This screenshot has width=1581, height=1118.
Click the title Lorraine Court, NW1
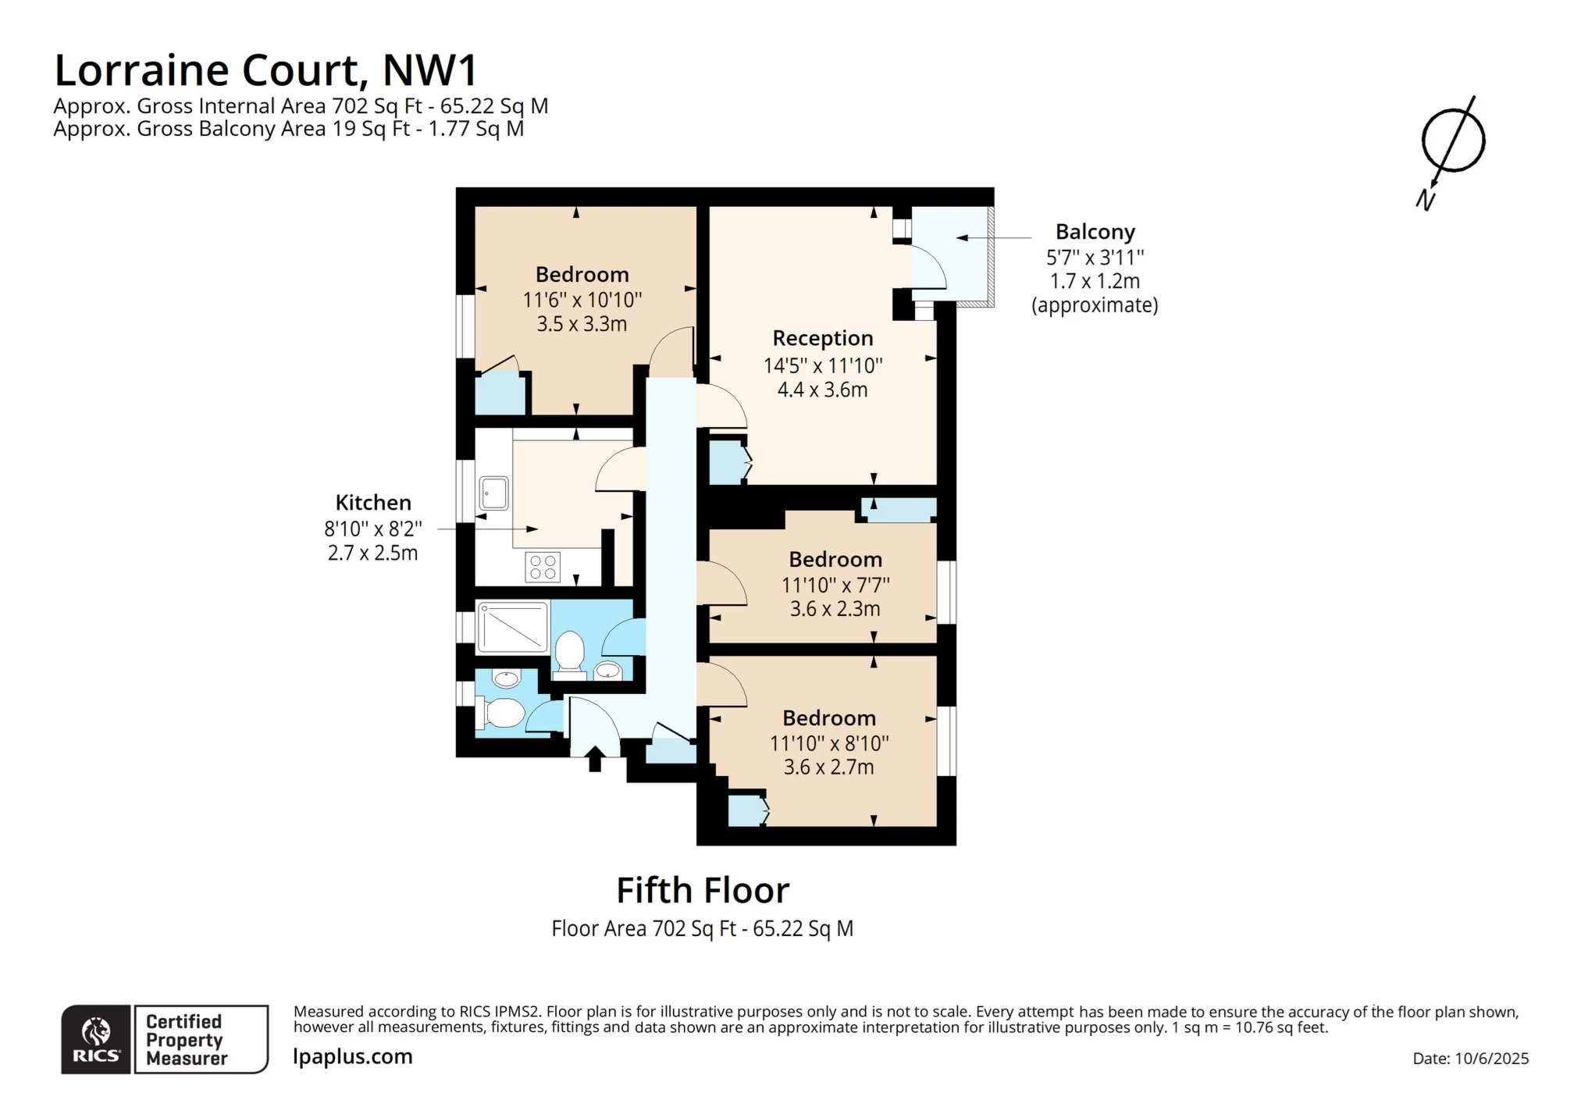click(265, 70)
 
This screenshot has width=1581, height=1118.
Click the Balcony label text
click(1095, 232)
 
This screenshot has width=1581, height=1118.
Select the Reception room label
click(822, 338)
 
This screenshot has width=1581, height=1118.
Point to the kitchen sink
click(493, 493)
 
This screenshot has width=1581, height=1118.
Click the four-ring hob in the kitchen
click(543, 567)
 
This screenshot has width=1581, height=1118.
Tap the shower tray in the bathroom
click(512, 626)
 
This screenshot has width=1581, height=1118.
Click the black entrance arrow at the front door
click(595, 759)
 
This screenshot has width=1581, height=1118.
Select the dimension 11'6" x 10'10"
click(582, 300)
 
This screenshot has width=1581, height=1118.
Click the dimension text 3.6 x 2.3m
click(835, 609)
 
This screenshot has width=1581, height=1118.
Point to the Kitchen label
click(373, 503)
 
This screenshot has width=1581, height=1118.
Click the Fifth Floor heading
click(703, 890)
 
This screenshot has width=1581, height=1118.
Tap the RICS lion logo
click(96, 1032)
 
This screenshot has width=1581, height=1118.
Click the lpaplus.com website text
click(353, 1056)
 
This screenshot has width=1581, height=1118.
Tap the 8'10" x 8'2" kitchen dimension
click(373, 529)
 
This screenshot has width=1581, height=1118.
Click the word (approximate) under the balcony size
click(1095, 305)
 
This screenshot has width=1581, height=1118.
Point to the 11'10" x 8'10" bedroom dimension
click(829, 743)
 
